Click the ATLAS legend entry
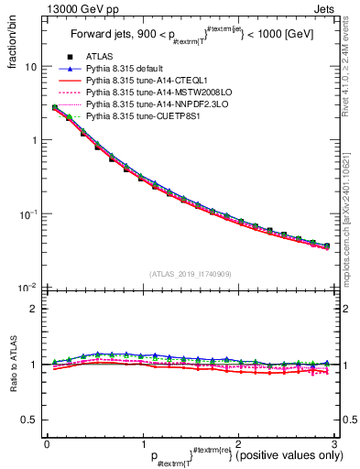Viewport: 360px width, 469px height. pos(99,57)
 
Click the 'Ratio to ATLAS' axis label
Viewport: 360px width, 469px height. pos(11,366)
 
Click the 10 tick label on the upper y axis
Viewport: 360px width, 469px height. pos(30,67)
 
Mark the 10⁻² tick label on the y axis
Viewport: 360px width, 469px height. pos(27,288)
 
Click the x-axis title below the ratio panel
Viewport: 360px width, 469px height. pos(238,455)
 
